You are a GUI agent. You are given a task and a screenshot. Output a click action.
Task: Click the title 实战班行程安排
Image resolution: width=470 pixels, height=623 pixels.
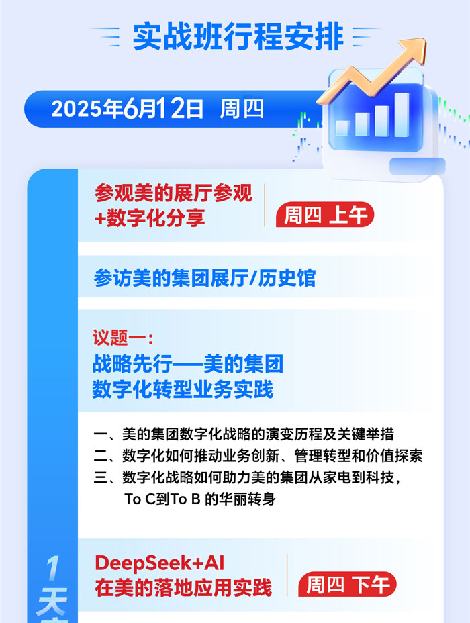tap(238, 37)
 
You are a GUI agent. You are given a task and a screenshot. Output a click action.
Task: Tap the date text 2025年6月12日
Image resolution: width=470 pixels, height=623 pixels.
tap(128, 109)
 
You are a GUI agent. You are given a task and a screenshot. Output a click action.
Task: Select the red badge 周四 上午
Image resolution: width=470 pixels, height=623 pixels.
tap(325, 215)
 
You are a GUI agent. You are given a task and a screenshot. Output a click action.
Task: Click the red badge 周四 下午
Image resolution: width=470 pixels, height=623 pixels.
tap(347, 584)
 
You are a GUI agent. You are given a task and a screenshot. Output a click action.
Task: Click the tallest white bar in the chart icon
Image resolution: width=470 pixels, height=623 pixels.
tap(402, 115)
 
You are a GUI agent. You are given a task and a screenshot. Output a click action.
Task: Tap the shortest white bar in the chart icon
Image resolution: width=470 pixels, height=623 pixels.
tap(342, 128)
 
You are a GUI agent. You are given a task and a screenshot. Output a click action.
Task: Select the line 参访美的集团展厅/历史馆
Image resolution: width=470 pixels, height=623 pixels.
tap(205, 278)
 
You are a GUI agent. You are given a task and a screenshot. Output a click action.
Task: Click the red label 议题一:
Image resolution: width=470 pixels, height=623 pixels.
tap(123, 338)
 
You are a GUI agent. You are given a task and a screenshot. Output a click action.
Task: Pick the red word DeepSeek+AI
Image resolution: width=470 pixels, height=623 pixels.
tap(160, 563)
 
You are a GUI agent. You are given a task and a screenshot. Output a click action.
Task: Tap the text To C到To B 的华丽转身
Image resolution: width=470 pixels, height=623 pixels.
tap(200, 499)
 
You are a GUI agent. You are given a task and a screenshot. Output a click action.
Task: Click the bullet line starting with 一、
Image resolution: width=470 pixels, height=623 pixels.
tap(244, 434)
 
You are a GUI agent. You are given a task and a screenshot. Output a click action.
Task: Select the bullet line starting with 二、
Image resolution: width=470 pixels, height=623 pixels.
tap(258, 455)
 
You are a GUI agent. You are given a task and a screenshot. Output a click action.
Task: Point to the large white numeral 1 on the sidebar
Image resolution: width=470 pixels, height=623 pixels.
tap(53, 568)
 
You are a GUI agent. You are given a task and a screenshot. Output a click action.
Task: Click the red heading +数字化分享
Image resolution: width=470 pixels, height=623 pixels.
tap(150, 218)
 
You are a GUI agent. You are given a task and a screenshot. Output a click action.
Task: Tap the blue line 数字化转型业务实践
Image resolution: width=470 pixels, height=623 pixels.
tap(183, 389)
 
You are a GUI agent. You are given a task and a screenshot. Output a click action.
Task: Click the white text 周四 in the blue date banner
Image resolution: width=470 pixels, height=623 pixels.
tap(242, 109)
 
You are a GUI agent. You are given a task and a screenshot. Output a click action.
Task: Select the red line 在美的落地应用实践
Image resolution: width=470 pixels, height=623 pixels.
tap(183, 588)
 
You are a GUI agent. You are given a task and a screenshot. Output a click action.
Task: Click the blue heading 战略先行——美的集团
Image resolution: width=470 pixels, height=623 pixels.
tap(188, 364)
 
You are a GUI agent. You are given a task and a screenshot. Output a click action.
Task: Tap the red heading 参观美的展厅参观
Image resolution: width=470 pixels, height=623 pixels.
tap(173, 193)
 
